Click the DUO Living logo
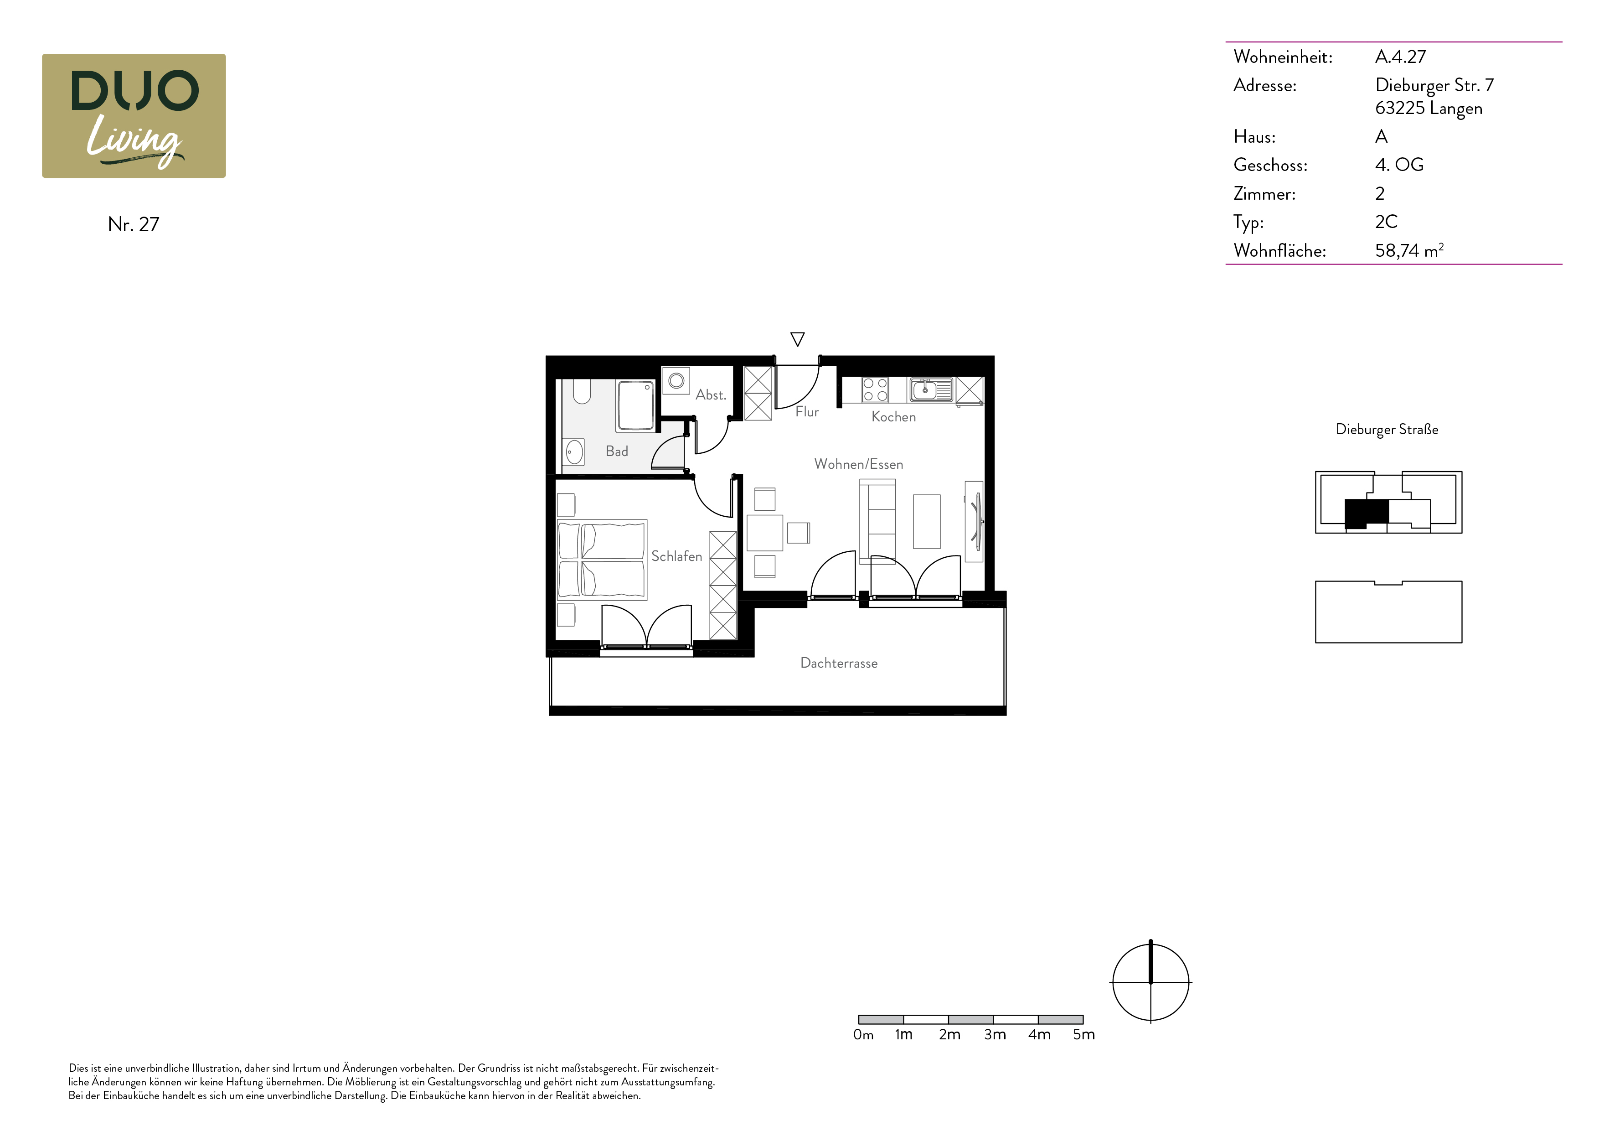(134, 116)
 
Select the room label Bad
(617, 451)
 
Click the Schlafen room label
(676, 556)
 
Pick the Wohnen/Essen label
(859, 464)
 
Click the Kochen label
(893, 417)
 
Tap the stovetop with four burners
(876, 389)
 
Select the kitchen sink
(930, 389)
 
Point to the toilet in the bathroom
(582, 392)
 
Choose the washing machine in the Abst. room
(676, 380)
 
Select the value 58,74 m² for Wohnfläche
(1409, 250)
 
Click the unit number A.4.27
(1401, 57)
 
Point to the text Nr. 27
(134, 224)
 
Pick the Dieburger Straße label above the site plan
(1387, 429)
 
